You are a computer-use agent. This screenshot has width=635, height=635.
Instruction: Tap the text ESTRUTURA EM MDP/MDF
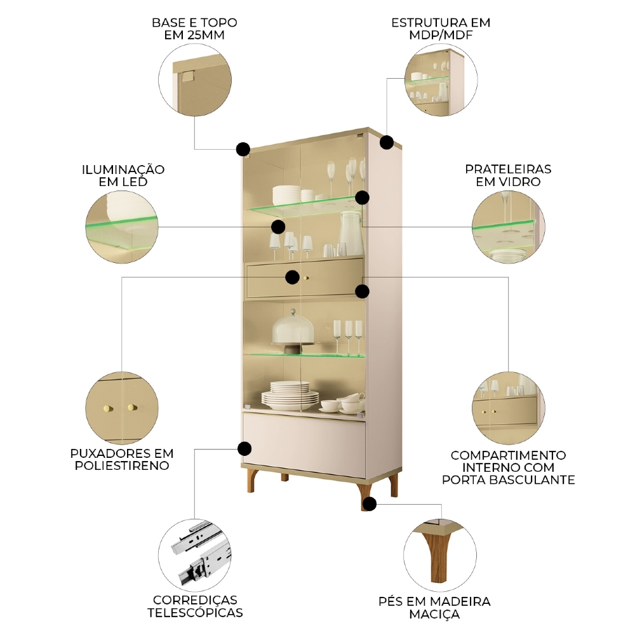(x=441, y=28)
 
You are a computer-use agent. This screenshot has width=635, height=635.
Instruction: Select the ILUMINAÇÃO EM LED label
(x=123, y=175)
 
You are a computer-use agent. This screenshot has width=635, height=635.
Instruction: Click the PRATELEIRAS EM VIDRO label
(x=508, y=175)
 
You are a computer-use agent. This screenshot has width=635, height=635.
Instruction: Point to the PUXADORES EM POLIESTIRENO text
(x=122, y=459)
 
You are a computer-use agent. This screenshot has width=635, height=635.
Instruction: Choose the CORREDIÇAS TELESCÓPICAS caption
(x=195, y=606)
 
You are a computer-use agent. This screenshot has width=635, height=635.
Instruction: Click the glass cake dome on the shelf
(x=294, y=329)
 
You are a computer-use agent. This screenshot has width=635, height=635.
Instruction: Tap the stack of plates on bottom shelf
(x=290, y=394)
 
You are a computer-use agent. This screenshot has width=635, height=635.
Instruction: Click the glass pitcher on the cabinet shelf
(x=350, y=233)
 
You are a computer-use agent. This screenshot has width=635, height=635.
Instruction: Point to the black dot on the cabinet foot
(x=369, y=504)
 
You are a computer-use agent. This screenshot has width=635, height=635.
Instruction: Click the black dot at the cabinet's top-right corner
(x=387, y=142)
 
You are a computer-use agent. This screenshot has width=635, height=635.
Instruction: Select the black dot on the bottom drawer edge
(x=244, y=448)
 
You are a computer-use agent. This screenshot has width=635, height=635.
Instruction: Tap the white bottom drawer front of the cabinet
(x=305, y=444)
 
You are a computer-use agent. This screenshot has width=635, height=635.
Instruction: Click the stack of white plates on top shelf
(x=287, y=194)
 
